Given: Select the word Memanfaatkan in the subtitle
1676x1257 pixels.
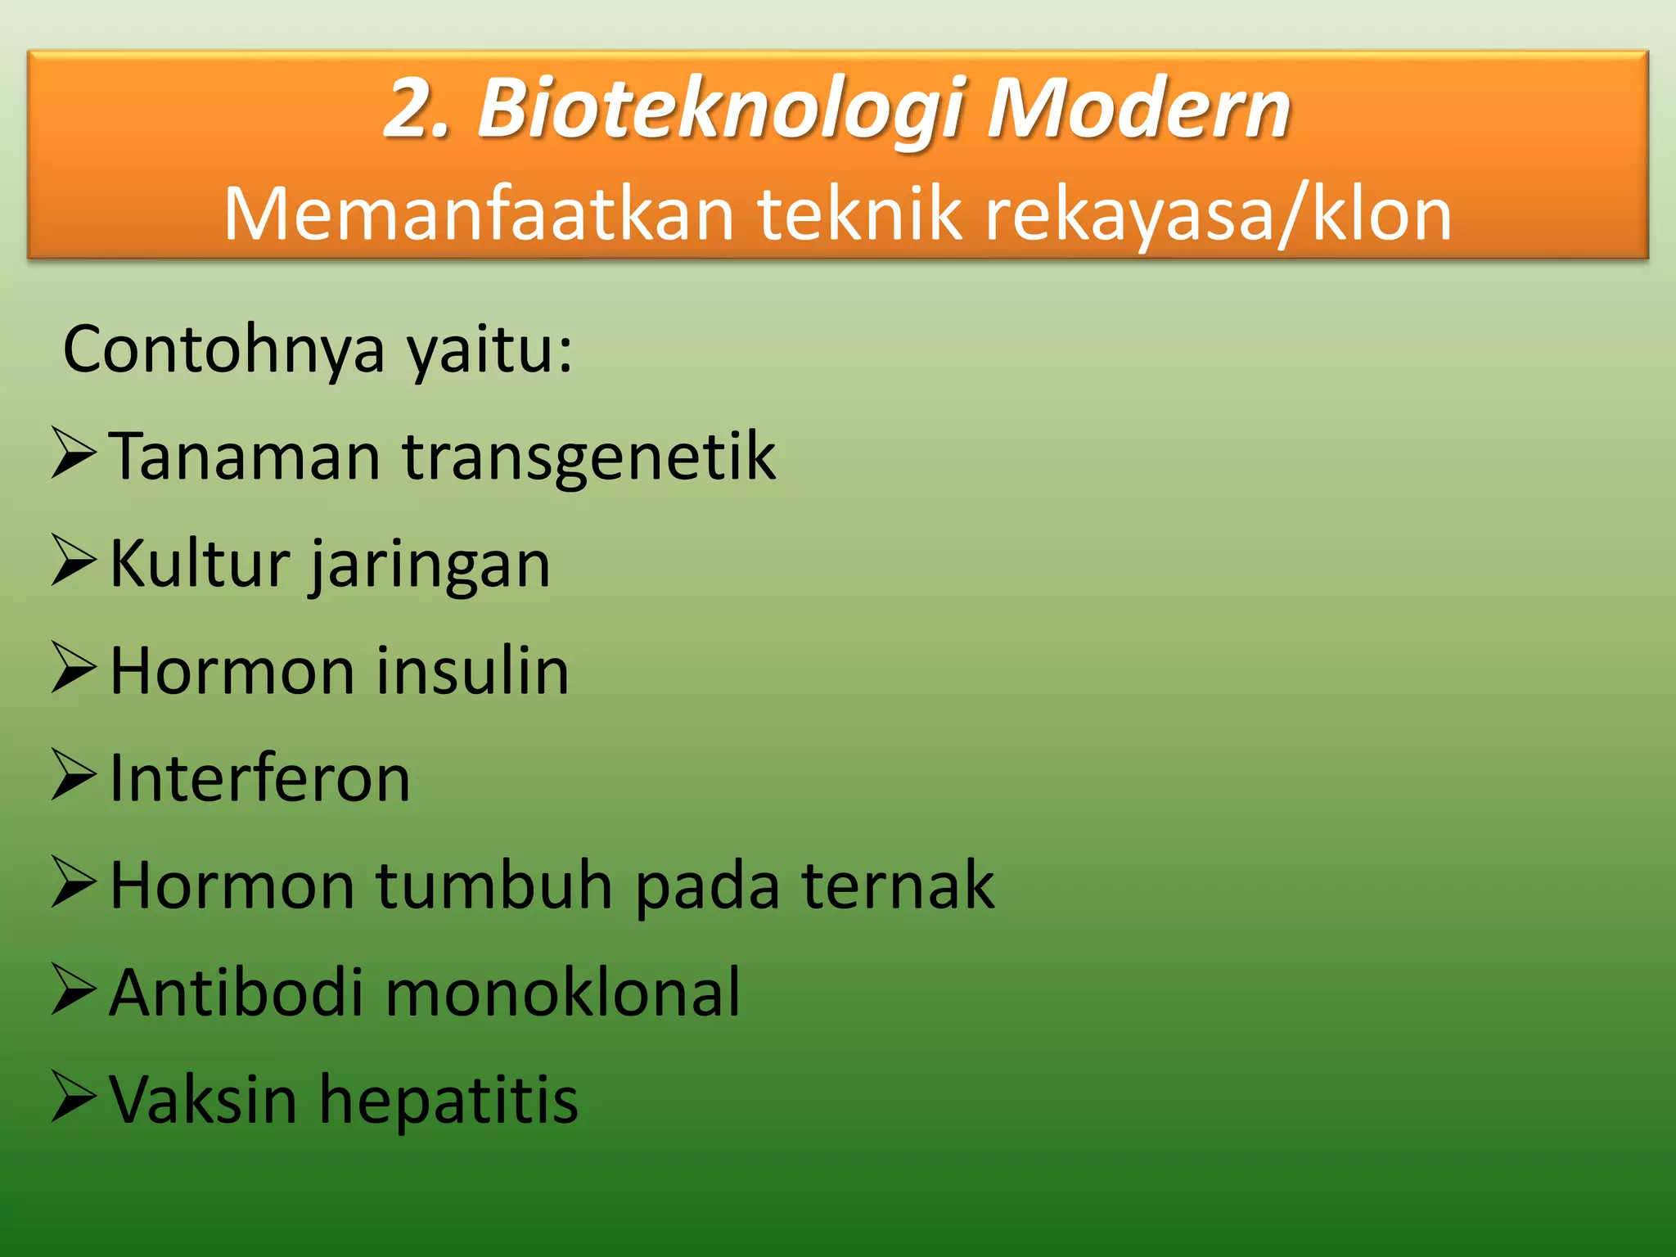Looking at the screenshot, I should pos(479,214).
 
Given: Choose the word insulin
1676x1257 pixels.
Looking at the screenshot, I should pos(472,671).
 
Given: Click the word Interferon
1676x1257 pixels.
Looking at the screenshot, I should pos(259,778).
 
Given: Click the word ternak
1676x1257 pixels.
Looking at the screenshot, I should pos(898,885).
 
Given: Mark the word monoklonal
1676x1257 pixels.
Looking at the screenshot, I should pos(563,993).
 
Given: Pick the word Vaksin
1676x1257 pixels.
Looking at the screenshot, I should pos(203,1100).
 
